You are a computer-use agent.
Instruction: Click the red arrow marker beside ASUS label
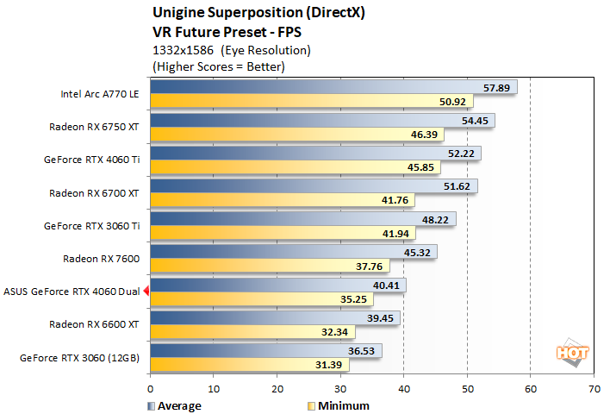click(x=146, y=292)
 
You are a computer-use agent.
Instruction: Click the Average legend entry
click(x=176, y=405)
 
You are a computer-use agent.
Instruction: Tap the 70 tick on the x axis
click(x=593, y=388)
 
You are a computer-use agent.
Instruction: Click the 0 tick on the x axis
click(x=151, y=388)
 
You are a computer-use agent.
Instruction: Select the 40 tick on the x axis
click(x=403, y=388)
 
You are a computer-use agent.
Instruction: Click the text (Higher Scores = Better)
click(x=219, y=66)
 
